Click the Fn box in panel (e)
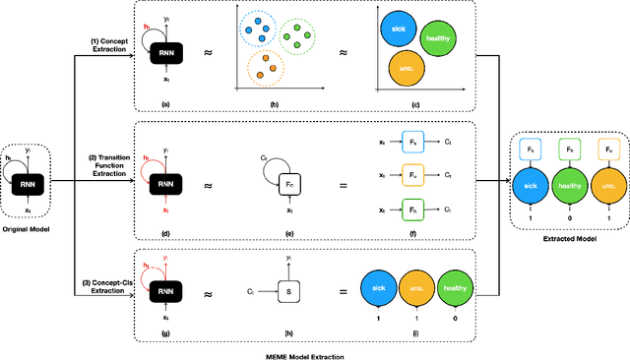pos(288,182)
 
